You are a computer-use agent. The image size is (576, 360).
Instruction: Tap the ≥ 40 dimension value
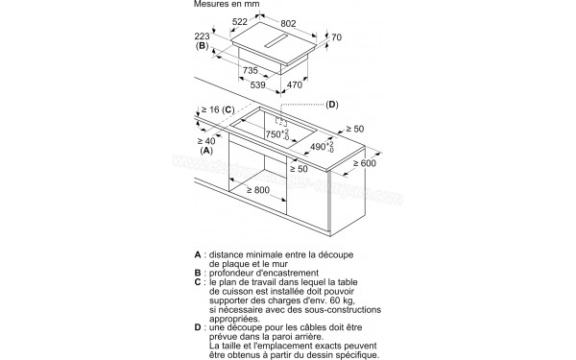click(208, 141)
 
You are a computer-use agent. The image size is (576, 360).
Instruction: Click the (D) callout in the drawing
click(332, 104)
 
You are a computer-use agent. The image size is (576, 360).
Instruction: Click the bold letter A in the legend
click(197, 255)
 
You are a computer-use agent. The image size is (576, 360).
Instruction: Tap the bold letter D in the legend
click(197, 327)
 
